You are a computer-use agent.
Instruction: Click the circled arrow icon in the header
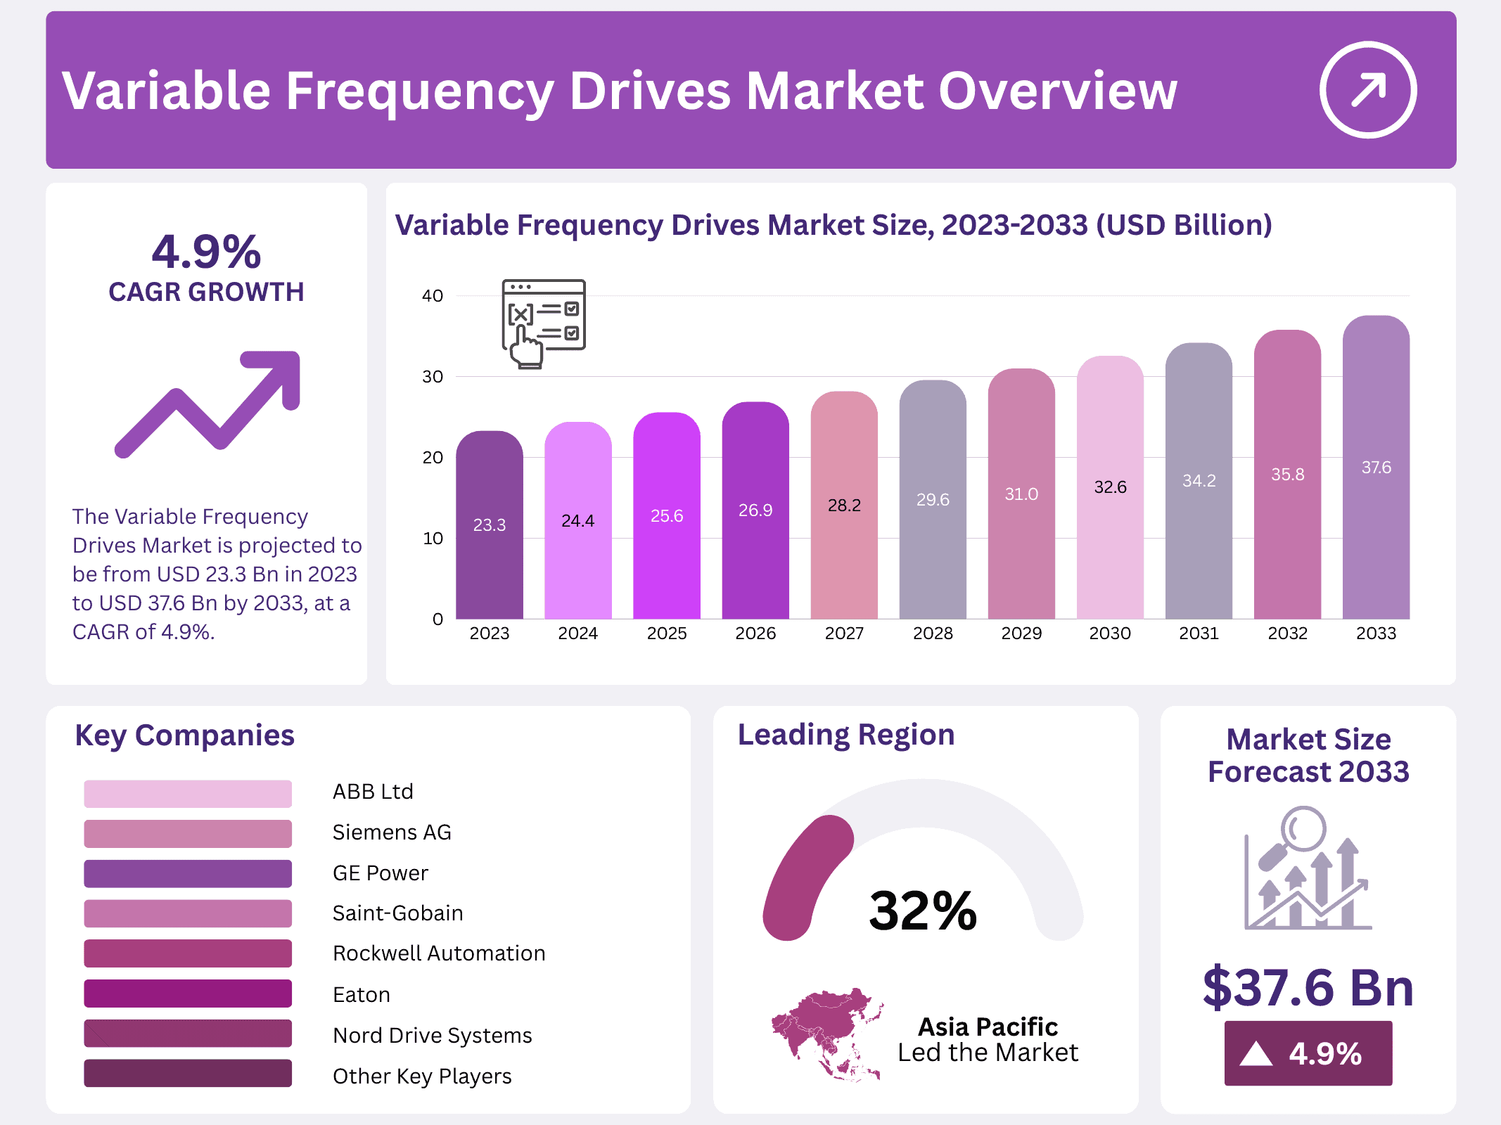click(1367, 90)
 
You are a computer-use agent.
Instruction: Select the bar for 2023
click(490, 534)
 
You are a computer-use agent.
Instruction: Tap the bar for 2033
click(1376, 478)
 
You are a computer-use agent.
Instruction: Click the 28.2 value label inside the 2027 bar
click(844, 506)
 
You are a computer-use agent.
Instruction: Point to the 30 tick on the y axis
click(433, 377)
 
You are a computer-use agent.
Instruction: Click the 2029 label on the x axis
click(1021, 634)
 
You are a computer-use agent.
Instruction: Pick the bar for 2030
click(1110, 492)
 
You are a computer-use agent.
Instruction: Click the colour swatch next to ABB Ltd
click(188, 793)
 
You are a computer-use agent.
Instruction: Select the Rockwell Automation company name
click(439, 953)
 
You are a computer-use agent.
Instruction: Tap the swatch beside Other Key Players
click(188, 1074)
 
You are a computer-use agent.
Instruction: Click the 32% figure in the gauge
click(923, 911)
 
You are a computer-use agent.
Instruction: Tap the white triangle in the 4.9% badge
click(1256, 1054)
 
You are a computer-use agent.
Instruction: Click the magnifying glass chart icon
click(1307, 869)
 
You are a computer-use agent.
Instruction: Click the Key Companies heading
click(184, 735)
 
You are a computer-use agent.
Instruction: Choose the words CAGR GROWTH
click(206, 292)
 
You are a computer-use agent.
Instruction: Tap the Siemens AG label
click(392, 832)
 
